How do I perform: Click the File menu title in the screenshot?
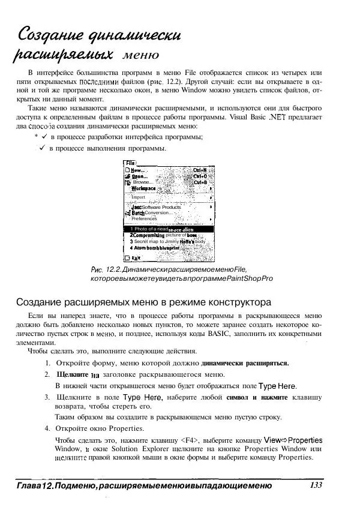130,163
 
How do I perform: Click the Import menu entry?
139,197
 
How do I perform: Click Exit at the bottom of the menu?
135,258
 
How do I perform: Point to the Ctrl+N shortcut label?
200,170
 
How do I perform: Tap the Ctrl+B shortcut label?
200,182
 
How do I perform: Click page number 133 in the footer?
317,485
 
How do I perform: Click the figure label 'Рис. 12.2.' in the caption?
103,268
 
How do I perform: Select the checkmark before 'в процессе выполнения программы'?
43,148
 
